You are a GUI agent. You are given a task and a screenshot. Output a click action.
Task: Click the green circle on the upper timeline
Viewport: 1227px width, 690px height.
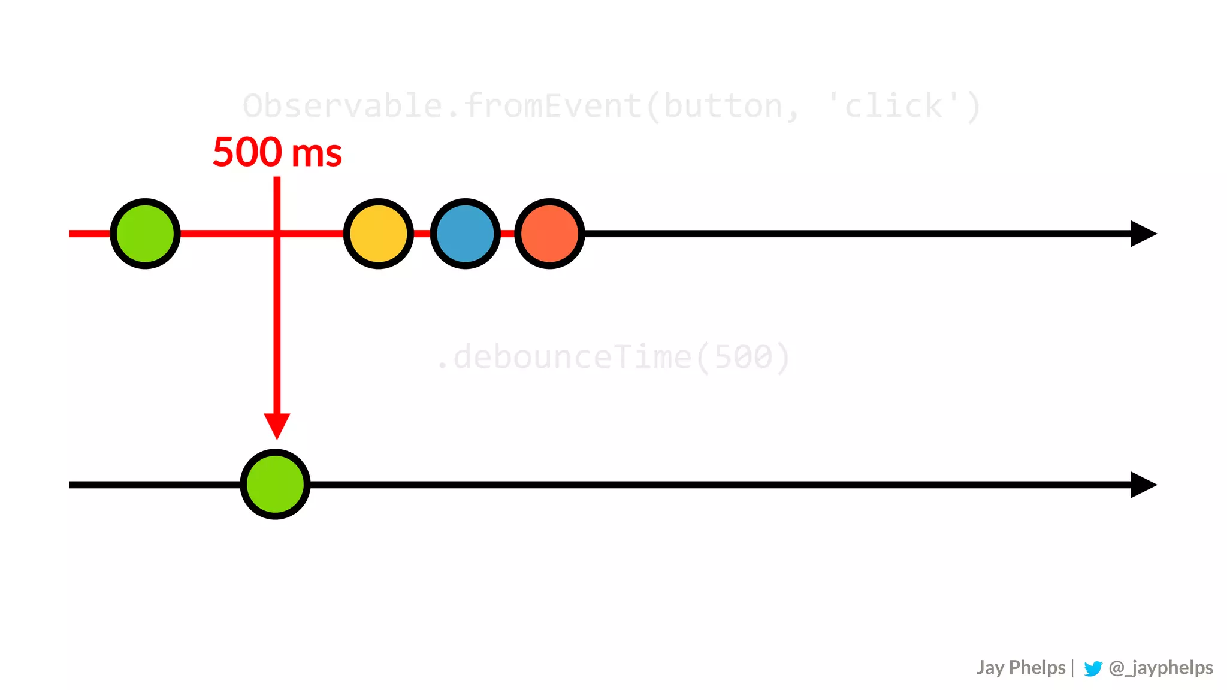point(145,234)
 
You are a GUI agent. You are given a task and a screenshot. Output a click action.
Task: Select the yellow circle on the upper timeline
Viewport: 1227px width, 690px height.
point(379,234)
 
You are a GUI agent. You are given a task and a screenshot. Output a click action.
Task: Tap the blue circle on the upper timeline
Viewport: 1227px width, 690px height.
point(466,234)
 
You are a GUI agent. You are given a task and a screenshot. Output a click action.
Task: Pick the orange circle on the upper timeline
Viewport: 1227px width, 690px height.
point(549,234)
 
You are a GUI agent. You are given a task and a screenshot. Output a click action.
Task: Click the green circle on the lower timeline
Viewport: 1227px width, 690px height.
point(275,484)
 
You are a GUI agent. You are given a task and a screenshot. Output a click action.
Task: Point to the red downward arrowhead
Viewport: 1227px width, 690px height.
point(277,425)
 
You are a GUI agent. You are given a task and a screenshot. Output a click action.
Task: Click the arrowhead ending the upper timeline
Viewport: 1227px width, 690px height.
point(1142,234)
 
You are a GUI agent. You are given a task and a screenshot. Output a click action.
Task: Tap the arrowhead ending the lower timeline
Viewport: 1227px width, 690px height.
point(1142,485)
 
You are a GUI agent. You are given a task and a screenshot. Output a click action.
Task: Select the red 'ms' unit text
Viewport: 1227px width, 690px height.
point(316,154)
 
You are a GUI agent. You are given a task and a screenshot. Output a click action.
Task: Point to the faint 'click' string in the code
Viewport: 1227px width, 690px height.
point(893,106)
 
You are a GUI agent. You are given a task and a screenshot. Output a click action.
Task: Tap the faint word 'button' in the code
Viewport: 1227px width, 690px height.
point(723,106)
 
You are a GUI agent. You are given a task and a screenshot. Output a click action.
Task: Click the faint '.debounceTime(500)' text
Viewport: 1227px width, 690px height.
point(613,358)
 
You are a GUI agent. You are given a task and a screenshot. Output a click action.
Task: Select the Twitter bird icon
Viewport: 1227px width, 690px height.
point(1093,668)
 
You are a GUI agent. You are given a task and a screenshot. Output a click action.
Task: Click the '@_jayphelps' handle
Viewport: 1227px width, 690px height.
point(1160,668)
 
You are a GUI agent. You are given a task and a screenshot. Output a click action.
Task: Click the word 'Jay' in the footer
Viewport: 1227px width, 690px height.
point(990,668)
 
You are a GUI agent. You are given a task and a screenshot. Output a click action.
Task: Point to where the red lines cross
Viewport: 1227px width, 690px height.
point(277,234)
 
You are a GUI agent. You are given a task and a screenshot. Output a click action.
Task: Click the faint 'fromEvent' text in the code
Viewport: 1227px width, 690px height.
point(552,106)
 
